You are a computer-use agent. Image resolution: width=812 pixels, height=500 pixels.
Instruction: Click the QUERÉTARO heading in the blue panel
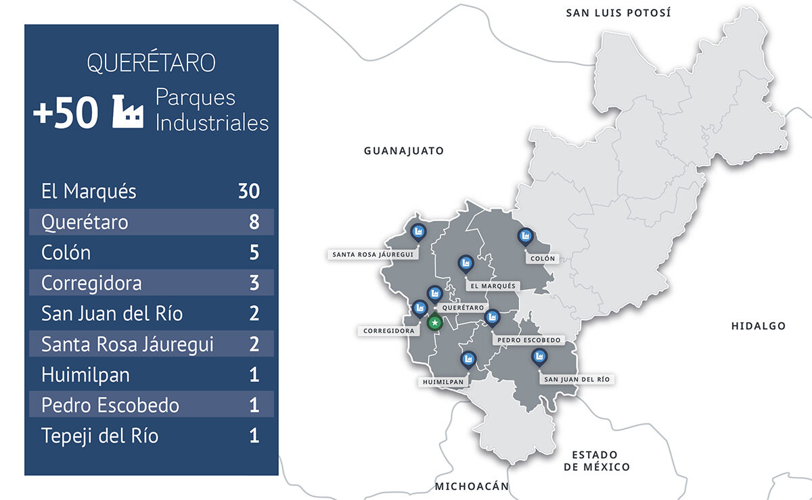pyautogui.click(x=151, y=63)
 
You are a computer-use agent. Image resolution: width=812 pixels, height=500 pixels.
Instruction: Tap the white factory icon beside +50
pyautogui.click(x=127, y=111)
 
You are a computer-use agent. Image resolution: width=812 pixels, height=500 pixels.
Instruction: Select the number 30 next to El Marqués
pyautogui.click(x=248, y=191)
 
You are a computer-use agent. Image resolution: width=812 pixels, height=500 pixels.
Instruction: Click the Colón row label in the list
pyautogui.click(x=66, y=253)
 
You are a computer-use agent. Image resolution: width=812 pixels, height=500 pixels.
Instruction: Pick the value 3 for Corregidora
pyautogui.click(x=254, y=282)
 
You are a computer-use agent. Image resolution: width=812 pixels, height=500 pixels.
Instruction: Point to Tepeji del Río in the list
pyautogui.click(x=99, y=436)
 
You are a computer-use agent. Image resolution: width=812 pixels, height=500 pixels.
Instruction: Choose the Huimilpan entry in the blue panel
pyautogui.click(x=85, y=374)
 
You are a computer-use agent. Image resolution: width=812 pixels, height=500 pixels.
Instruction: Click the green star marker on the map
pyautogui.click(x=434, y=324)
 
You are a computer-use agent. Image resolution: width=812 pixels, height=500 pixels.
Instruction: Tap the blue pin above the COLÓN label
pyautogui.click(x=524, y=237)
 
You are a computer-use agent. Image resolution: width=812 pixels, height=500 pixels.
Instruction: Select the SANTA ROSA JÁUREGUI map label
pyautogui.click(x=372, y=255)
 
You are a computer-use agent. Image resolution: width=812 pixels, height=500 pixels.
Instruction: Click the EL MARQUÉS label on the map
pyautogui.click(x=493, y=286)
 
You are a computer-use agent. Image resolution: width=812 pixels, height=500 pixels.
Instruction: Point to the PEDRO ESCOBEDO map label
pyautogui.click(x=528, y=340)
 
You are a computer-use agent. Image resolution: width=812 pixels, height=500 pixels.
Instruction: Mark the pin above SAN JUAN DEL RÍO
pyautogui.click(x=539, y=357)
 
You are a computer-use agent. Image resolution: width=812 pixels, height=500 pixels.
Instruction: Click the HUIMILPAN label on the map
pyautogui.click(x=443, y=382)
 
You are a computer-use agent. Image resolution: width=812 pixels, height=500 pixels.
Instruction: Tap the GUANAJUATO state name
pyautogui.click(x=404, y=151)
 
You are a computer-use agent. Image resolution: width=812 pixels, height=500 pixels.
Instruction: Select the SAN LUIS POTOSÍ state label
pyautogui.click(x=618, y=12)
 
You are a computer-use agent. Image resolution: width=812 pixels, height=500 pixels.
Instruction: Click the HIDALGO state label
pyautogui.click(x=758, y=326)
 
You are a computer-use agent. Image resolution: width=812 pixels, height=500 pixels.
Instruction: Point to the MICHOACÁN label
pyautogui.click(x=471, y=486)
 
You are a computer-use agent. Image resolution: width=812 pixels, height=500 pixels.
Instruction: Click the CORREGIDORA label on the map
pyautogui.click(x=388, y=331)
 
